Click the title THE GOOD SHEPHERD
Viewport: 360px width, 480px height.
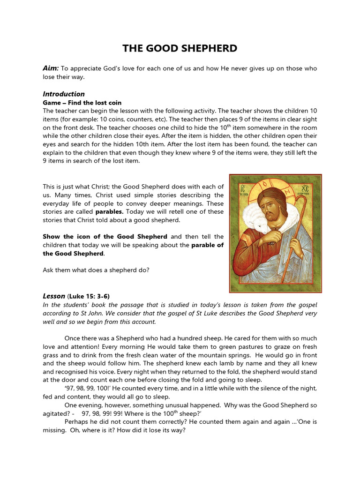(x=180, y=48)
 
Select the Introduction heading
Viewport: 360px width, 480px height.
(x=64, y=94)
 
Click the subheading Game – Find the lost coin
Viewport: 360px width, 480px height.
(x=82, y=103)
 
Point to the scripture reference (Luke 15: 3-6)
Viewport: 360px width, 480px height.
(x=90, y=296)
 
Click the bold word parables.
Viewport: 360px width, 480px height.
(x=110, y=211)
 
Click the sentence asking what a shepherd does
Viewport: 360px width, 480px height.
(x=96, y=270)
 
